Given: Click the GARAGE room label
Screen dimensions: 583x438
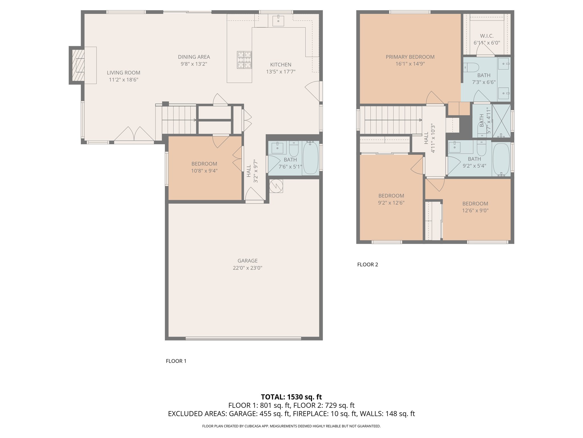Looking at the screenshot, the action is pos(247,261).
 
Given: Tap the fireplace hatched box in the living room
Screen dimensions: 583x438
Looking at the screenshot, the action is pos(78,65).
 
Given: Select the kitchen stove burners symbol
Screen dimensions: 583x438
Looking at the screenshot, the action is pos(245,60).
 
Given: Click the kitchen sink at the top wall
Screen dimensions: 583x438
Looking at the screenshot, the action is pos(278,21).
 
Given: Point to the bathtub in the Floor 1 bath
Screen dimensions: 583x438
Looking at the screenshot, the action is pos(310,157).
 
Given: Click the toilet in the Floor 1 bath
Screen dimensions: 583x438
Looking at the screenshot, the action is pos(294,148).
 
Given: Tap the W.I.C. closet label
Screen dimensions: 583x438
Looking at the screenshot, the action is pos(487,36).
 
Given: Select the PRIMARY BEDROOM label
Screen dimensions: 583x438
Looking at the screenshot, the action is pos(410,57).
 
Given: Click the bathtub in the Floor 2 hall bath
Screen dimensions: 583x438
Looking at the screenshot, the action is pos(501,159).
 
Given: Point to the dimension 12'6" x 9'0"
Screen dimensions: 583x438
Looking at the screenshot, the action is pos(475,210).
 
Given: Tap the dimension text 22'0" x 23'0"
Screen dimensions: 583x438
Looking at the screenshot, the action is pos(247,268).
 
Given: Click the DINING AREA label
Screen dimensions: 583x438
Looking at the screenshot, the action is pos(194,57).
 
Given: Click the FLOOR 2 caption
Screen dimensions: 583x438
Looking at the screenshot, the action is pos(368,264).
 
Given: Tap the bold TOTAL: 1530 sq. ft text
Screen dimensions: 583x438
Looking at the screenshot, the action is pos(291,397).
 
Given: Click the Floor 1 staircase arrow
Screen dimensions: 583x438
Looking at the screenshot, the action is pos(179,120).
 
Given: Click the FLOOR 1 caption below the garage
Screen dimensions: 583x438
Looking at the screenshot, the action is pos(176,361).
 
